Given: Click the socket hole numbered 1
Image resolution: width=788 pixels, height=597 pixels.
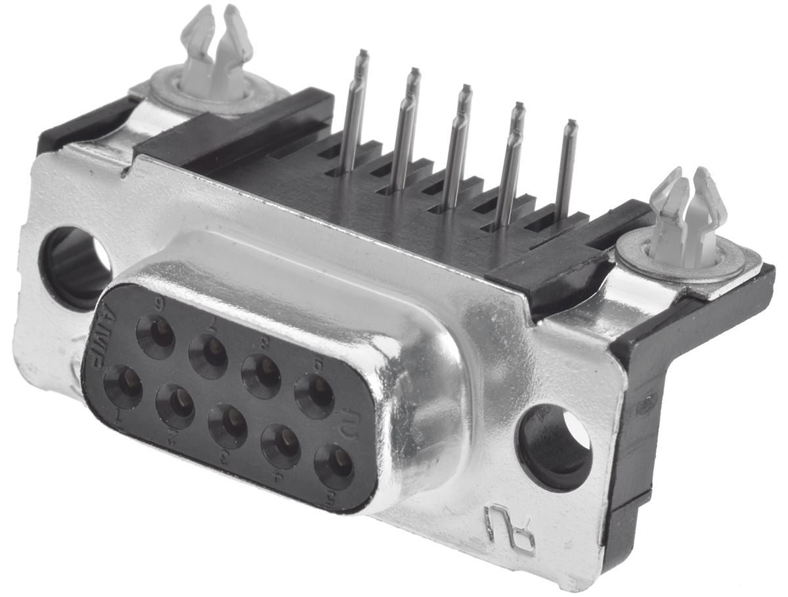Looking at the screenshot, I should (123, 386).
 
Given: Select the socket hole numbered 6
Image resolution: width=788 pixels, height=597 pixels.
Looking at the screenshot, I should (156, 337).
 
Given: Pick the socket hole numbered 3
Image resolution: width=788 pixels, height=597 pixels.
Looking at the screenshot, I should (228, 426).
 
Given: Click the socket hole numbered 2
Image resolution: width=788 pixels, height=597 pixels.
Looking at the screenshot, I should (175, 406).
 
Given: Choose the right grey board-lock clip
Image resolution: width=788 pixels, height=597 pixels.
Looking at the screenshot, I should (686, 216).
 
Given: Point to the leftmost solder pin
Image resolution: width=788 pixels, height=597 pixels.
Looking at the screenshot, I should (355, 112).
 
